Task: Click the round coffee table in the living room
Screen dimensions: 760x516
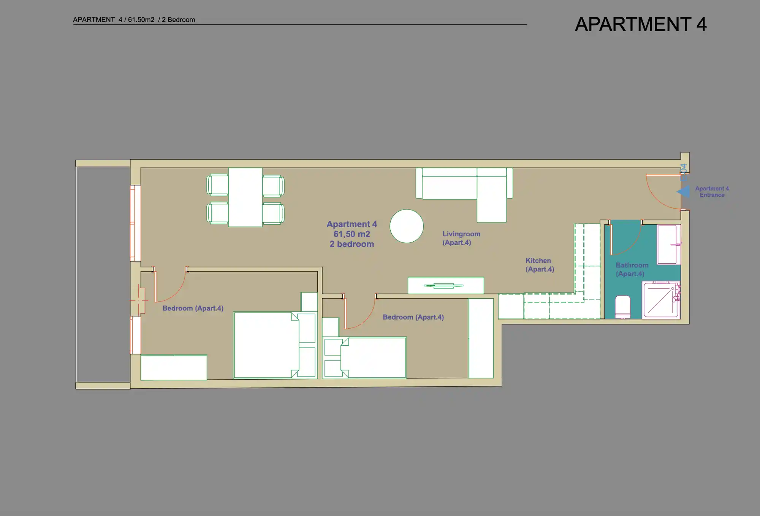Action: pyautogui.click(x=407, y=226)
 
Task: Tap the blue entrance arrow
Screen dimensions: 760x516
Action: pyautogui.click(x=684, y=192)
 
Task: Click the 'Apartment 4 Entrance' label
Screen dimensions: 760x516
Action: pyautogui.click(x=712, y=192)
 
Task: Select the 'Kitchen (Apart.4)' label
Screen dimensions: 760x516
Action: pyautogui.click(x=540, y=265)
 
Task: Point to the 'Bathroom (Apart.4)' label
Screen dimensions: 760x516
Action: pyautogui.click(x=632, y=269)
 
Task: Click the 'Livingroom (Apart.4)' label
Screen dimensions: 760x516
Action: pyautogui.click(x=461, y=238)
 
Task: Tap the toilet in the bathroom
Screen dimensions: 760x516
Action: pyautogui.click(x=623, y=307)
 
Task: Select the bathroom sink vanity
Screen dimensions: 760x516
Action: pyautogui.click(x=669, y=244)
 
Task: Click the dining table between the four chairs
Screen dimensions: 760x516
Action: pyautogui.click(x=245, y=197)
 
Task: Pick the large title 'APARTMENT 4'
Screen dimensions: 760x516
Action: pyautogui.click(x=641, y=24)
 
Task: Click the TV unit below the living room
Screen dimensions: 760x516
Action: pyautogui.click(x=446, y=285)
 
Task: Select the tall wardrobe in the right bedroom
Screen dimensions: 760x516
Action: pyautogui.click(x=481, y=338)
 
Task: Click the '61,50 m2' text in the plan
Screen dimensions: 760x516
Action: pyautogui.click(x=352, y=234)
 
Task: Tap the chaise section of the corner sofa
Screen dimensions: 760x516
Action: pyautogui.click(x=492, y=199)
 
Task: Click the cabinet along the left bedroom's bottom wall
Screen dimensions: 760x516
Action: pyautogui.click(x=174, y=367)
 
